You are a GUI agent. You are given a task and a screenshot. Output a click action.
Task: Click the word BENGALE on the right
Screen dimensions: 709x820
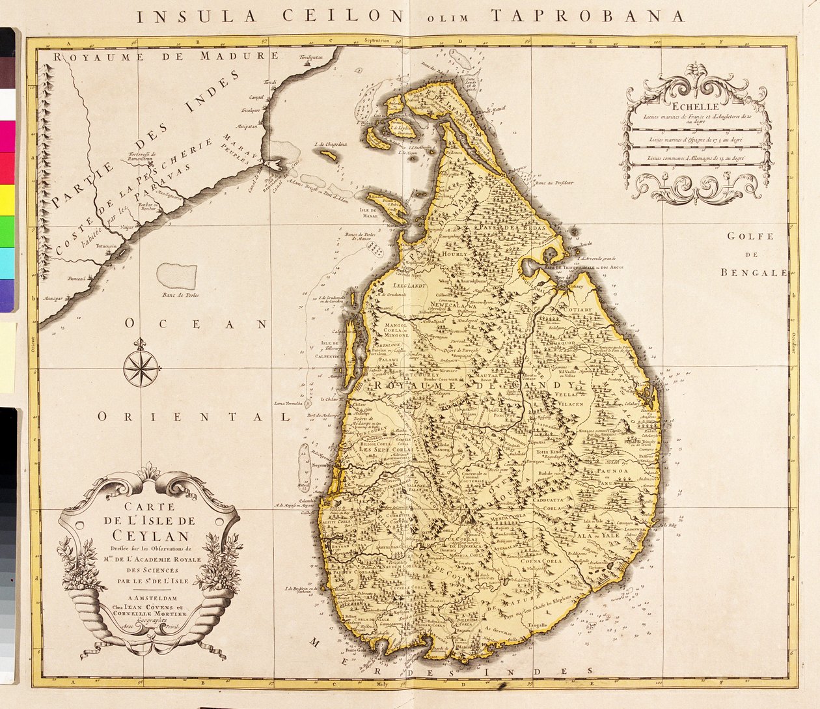point(754,273)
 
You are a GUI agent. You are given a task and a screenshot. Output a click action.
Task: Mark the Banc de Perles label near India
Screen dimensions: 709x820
point(180,295)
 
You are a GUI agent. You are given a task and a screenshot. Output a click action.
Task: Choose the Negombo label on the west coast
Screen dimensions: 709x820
point(321,465)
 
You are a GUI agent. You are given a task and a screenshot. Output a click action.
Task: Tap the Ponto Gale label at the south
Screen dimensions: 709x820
point(357,648)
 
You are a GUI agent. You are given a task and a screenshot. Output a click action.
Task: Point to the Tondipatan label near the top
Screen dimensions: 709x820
point(311,58)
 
